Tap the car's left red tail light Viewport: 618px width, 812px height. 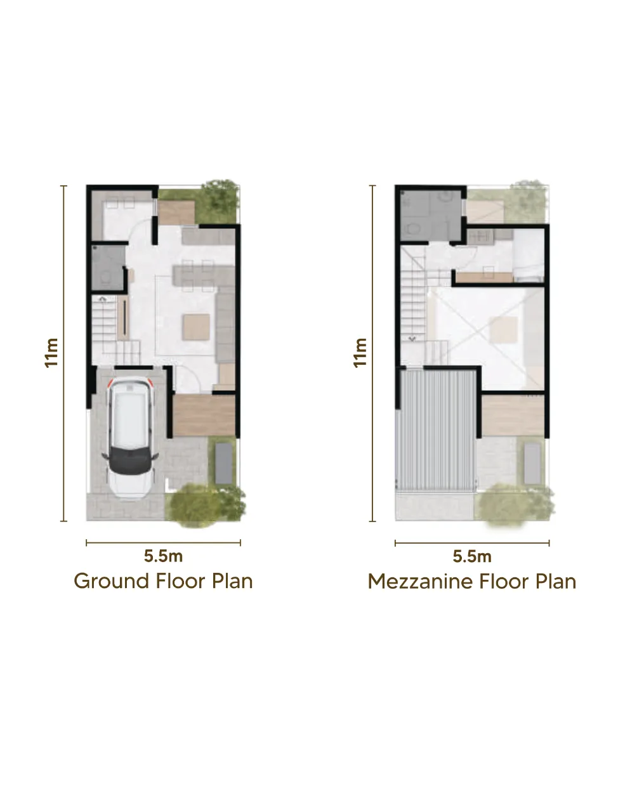pos(110,383)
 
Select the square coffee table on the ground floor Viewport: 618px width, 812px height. pos(195,327)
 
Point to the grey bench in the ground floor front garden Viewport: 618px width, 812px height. pos(224,463)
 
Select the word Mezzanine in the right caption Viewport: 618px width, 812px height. pos(421,582)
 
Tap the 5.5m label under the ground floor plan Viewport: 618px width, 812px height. pos(163,556)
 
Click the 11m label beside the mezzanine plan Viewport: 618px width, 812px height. pos(360,353)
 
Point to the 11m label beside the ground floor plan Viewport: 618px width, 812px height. pos(51,353)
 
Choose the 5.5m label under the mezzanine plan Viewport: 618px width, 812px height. pos(472,557)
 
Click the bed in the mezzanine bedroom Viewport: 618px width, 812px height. pos(529,256)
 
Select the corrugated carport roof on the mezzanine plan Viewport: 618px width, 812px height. pos(435,430)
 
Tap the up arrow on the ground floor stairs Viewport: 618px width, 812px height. pos(102,299)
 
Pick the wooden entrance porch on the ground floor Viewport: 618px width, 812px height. pos(204,416)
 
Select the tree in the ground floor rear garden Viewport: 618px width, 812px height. pos(220,200)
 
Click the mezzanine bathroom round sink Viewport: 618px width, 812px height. pos(446,196)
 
